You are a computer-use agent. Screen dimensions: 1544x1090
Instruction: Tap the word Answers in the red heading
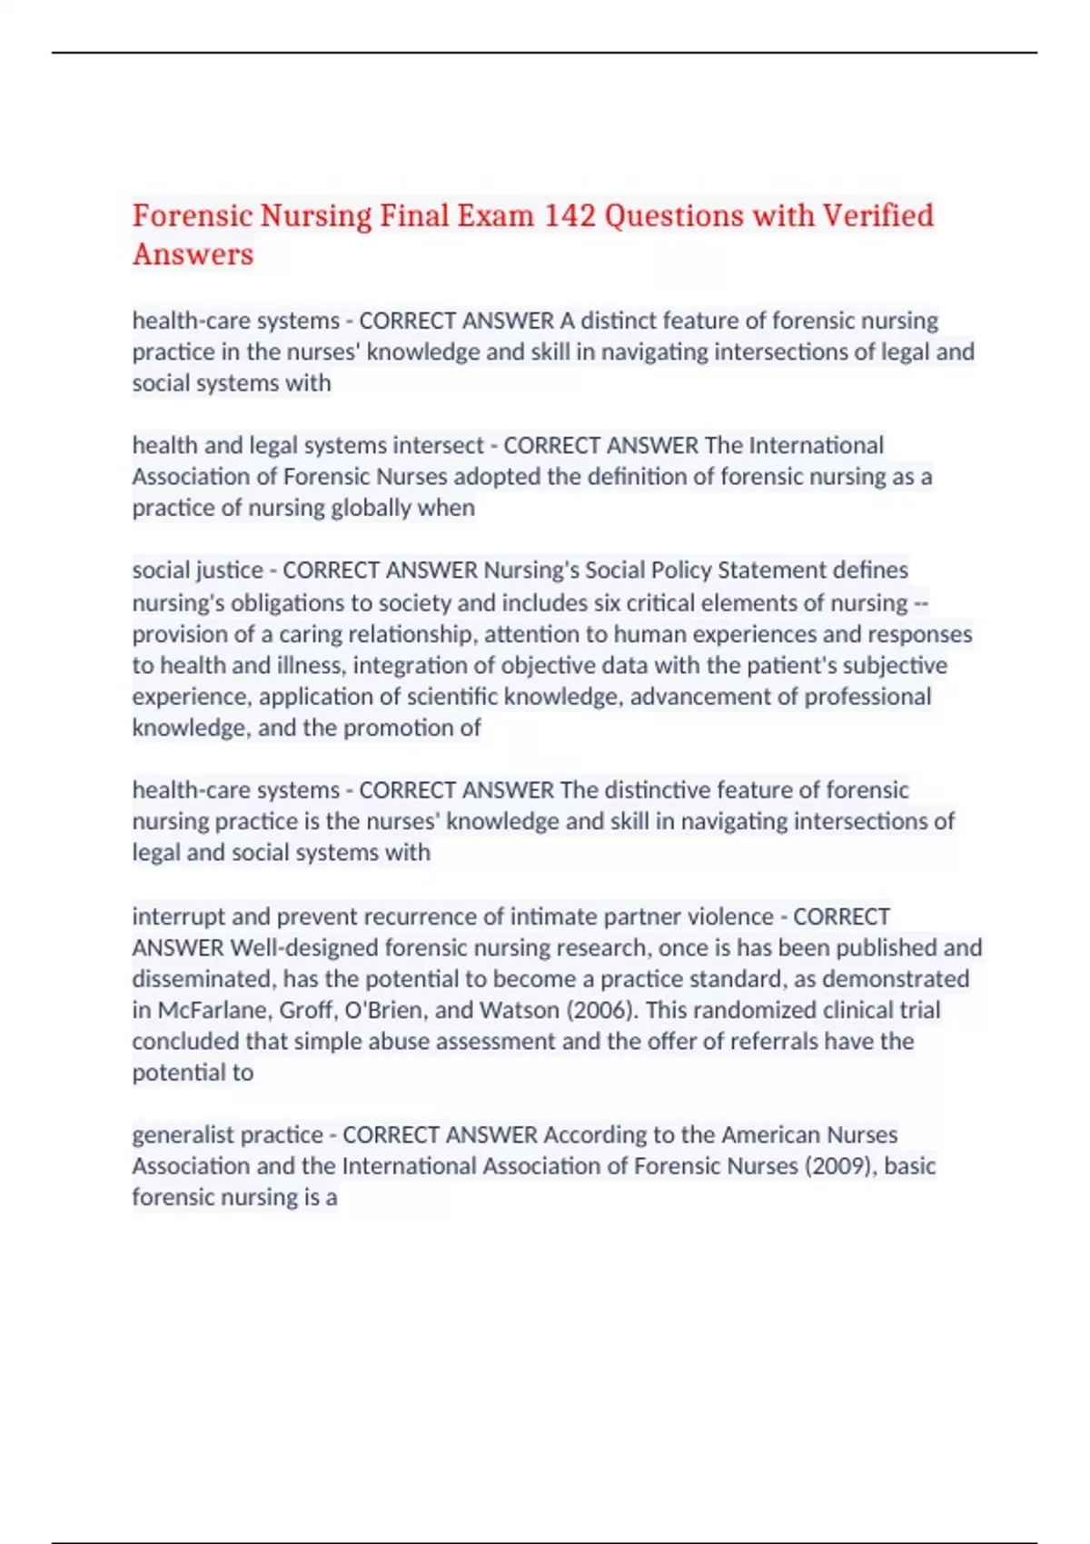pos(193,255)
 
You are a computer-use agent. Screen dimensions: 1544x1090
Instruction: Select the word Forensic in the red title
pos(192,216)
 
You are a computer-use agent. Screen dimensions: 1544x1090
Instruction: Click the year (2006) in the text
pos(602,1010)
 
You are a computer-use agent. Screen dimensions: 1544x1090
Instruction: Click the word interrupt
pos(178,916)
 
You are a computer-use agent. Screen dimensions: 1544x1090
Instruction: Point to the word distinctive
pos(685,790)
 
